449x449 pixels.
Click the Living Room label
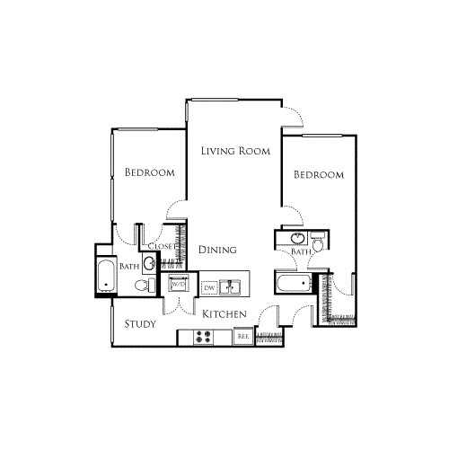[235, 152]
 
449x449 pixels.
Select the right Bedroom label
[320, 175]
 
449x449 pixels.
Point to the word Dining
[218, 251]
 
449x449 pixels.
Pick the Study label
[141, 323]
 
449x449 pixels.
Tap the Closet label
[163, 245]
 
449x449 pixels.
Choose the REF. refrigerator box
[242, 337]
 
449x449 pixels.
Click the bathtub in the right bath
[293, 286]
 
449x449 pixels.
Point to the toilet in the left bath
[141, 285]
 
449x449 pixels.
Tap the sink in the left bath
[148, 264]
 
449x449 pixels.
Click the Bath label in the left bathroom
[129, 266]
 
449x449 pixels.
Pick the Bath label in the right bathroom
[301, 254]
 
